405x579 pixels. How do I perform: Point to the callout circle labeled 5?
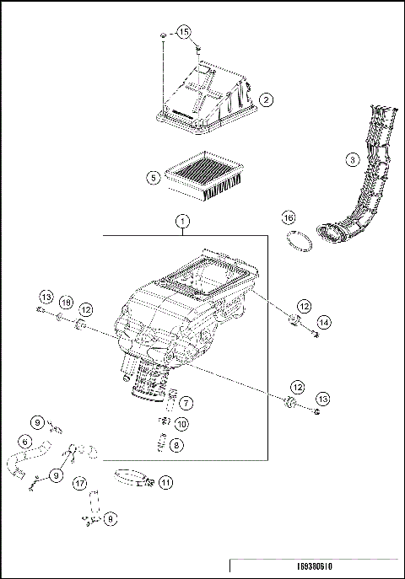click(x=152, y=178)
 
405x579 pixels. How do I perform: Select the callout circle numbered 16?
click(x=289, y=217)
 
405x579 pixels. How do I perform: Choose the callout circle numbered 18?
click(x=66, y=303)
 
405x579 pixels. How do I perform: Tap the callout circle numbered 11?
click(x=165, y=482)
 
